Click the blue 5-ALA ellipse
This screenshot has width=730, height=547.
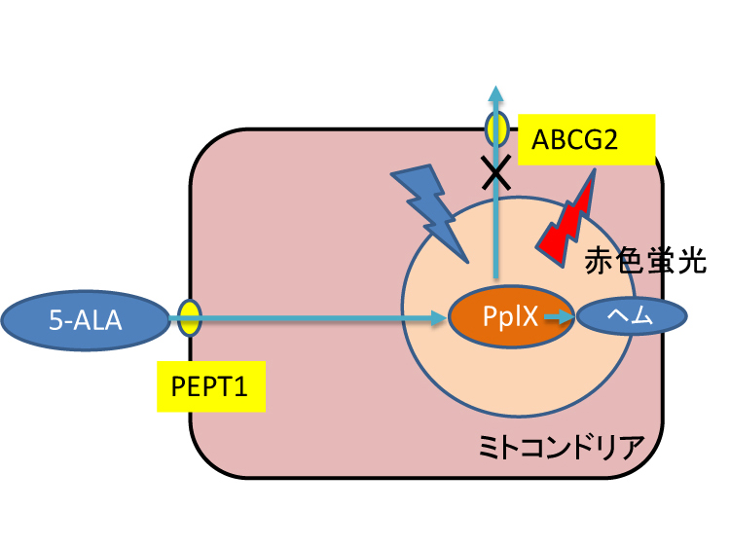pos(87,318)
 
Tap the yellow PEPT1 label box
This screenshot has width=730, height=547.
pos(210,386)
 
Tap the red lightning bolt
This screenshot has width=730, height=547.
pos(570,220)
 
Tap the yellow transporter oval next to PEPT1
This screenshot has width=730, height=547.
pos(189,317)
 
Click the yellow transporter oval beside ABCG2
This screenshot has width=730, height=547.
pos(496,128)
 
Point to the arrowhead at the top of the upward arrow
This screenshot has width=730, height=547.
pos(496,93)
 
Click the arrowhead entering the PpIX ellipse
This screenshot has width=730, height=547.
pos(439,317)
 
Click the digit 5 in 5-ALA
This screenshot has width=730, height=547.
pos(56,318)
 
